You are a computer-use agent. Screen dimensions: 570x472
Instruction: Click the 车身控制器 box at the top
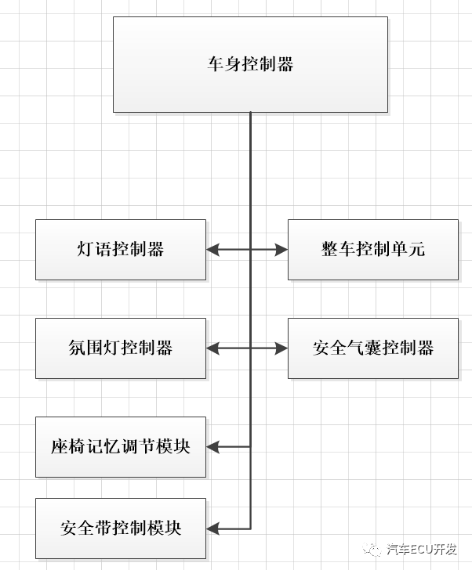[250, 64]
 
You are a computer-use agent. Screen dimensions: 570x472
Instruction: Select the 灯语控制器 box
[121, 250]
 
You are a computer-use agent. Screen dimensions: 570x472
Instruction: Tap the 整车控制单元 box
[372, 250]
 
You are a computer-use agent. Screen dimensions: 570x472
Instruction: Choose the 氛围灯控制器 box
[121, 348]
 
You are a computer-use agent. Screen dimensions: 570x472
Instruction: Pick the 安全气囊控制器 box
[372, 348]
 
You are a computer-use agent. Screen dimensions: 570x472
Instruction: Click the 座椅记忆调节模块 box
[121, 447]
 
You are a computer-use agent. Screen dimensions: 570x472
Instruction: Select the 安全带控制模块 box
[121, 528]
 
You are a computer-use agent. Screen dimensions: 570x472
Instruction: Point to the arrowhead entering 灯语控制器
[212, 250]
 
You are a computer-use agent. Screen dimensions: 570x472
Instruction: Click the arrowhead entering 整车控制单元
[282, 250]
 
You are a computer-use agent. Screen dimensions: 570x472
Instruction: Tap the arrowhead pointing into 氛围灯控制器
[212, 348]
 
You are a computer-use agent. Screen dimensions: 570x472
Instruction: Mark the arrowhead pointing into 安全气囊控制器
[282, 348]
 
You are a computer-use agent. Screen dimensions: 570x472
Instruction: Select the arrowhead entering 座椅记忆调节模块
[212, 447]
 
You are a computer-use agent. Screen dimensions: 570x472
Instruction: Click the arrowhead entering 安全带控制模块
[212, 528]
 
